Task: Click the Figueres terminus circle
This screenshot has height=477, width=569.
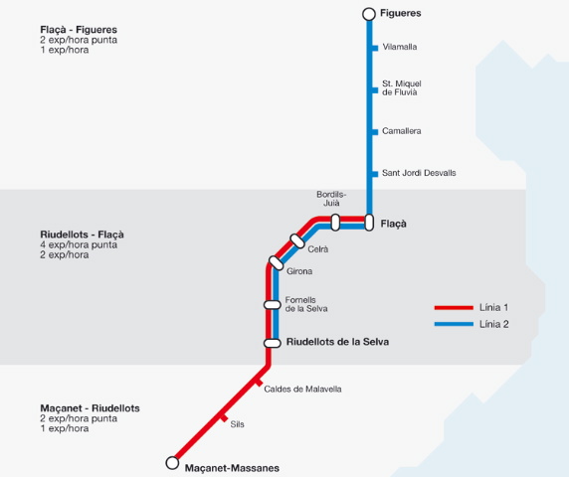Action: [369, 14]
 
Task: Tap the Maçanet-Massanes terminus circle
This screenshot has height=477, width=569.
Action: [172, 463]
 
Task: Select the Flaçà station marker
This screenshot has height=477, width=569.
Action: [369, 223]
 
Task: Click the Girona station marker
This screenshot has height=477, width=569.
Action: [277, 263]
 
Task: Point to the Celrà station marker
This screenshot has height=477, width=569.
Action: [297, 241]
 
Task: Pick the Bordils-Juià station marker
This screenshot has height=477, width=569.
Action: [335, 223]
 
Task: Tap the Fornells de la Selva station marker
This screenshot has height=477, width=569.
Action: [273, 305]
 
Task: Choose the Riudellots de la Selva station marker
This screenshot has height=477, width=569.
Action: [273, 343]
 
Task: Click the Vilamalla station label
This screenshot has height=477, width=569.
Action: [400, 47]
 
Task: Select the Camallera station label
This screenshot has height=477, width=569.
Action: [401, 131]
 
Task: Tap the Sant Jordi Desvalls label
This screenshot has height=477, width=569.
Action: [419, 173]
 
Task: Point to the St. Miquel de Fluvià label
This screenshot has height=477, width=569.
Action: [401, 88]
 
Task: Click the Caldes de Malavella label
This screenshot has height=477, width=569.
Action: [302, 389]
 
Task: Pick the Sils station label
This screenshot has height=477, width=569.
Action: [238, 424]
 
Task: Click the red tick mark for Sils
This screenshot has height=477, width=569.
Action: [225, 418]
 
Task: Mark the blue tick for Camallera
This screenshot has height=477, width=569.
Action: [375, 132]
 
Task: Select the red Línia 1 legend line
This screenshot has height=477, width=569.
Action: [454, 308]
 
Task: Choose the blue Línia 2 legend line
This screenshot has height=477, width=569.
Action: [454, 324]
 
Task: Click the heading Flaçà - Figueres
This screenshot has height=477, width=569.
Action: [79, 30]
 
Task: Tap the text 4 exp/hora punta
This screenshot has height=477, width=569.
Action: [79, 245]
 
